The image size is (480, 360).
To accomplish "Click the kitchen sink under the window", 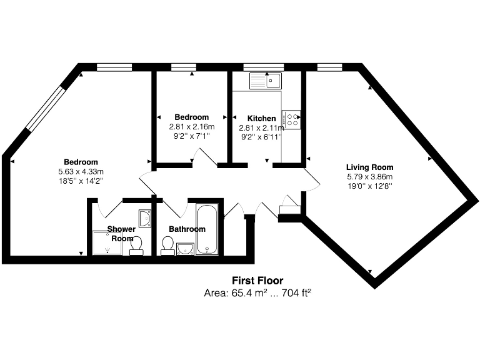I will (266, 81).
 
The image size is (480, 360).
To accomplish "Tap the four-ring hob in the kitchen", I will (292, 119).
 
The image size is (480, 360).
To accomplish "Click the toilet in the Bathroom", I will (167, 245).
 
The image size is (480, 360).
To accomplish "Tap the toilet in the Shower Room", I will (137, 246).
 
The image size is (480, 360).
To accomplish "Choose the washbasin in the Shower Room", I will (144, 217).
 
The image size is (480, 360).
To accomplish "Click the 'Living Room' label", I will (370, 167).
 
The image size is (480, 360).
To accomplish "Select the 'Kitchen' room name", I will (261, 118).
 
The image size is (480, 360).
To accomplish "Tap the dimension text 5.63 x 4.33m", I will (81, 172).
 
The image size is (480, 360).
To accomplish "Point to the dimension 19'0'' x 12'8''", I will (370, 186).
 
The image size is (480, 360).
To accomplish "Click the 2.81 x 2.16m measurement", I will (191, 126).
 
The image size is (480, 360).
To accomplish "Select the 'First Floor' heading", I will (257, 281).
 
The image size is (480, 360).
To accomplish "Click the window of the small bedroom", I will (184, 66).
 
